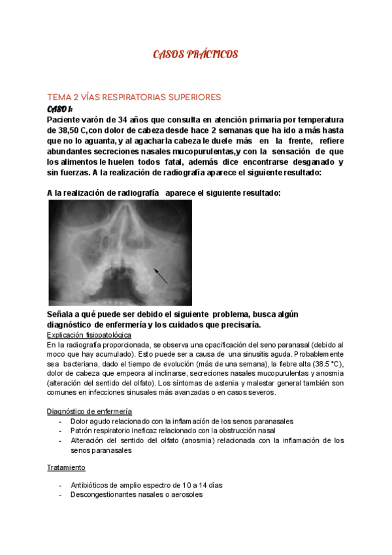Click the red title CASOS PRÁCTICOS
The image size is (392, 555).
[195, 54]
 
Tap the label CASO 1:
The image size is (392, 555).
[60, 109]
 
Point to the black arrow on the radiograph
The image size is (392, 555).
[161, 274]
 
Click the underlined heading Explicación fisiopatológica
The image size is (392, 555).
[89, 334]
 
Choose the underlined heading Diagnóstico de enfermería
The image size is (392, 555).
[90, 411]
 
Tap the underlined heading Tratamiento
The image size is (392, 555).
[66, 468]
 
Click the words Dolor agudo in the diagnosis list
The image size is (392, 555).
[91, 421]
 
